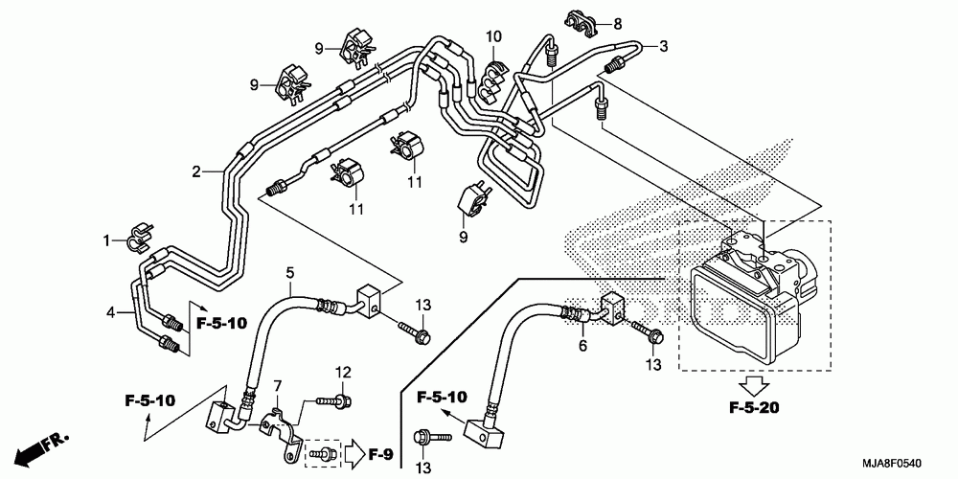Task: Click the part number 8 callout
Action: click(x=618, y=25)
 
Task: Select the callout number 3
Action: click(x=663, y=46)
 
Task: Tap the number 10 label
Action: click(x=493, y=36)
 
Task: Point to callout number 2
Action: click(x=196, y=171)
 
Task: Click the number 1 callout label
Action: click(x=107, y=240)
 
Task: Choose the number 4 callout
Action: click(x=110, y=314)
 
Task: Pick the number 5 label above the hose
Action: click(x=290, y=271)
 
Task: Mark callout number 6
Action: click(x=582, y=346)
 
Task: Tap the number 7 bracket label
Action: click(x=278, y=386)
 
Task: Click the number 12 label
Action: click(x=343, y=372)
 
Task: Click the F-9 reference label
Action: click(x=380, y=454)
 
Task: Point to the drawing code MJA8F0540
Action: click(x=892, y=465)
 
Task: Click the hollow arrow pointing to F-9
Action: click(x=354, y=454)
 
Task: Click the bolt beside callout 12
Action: click(x=333, y=401)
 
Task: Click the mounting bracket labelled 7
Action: click(x=283, y=432)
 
